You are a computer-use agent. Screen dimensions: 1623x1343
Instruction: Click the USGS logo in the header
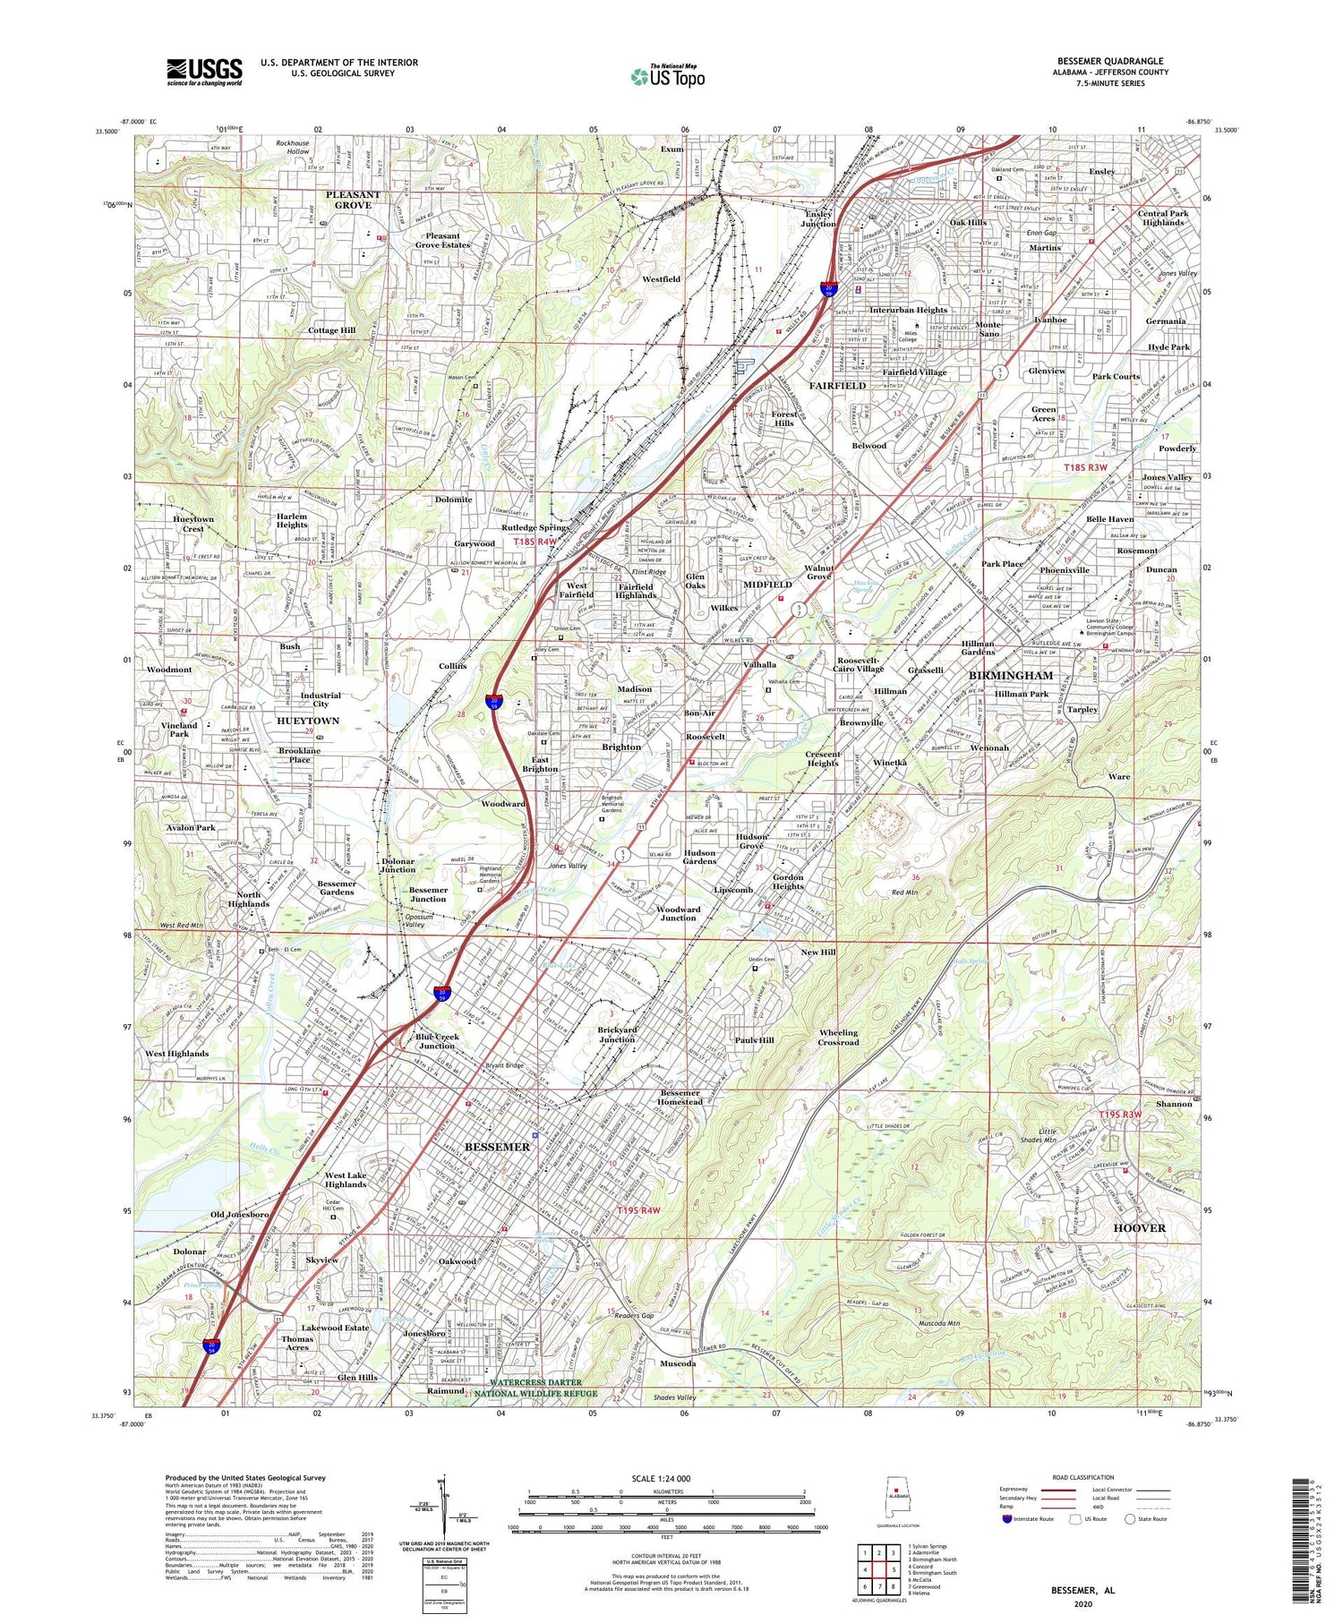[204, 72]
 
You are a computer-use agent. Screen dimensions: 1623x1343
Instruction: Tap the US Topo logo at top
[667, 77]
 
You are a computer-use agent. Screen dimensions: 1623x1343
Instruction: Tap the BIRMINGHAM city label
[1011, 675]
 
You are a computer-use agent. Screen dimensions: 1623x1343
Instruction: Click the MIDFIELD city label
[767, 585]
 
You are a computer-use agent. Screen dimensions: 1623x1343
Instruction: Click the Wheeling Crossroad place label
[838, 1037]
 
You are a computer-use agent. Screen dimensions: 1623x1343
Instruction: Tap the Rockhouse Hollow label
[292, 147]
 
